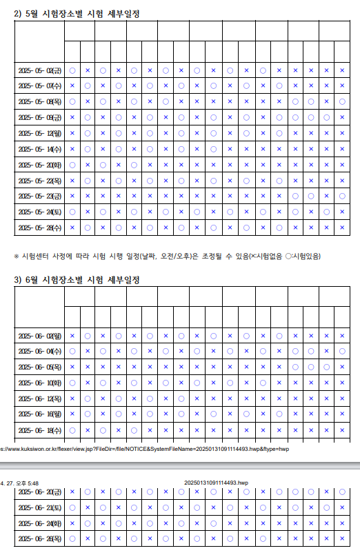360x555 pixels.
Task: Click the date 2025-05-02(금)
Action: (39, 70)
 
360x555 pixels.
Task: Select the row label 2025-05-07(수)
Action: (39, 86)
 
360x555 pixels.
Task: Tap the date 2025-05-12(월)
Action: (39, 134)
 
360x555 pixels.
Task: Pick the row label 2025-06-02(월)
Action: (39, 336)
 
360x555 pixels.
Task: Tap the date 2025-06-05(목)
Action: (39, 367)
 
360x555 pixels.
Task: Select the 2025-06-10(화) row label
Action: (39, 383)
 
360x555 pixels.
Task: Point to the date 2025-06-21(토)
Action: (39, 507)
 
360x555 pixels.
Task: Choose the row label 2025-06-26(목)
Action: (39, 538)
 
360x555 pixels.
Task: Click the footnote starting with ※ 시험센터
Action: (167, 256)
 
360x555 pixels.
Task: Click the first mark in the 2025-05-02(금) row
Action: (72, 70)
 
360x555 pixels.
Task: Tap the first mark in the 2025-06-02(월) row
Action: (72, 336)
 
